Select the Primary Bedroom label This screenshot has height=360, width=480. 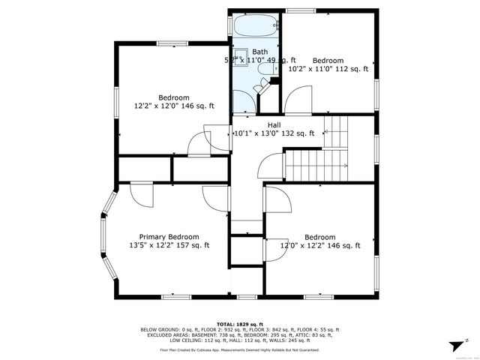coord(169,235)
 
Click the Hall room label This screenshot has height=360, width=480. coord(274,124)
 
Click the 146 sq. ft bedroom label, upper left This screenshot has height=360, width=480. coord(173,97)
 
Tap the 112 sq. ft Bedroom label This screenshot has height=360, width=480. coord(328,60)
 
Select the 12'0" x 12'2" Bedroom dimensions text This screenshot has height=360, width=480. coord(320,245)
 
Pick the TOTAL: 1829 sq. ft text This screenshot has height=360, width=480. coord(240,322)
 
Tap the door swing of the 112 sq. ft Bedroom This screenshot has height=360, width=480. coord(298,97)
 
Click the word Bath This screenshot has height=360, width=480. coord(259,51)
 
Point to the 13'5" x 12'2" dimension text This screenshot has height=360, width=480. coord(169,245)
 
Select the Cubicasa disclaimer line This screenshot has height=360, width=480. coord(240,349)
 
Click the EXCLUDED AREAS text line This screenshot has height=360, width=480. coord(240,334)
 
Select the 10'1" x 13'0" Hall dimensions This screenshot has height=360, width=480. coord(274,133)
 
